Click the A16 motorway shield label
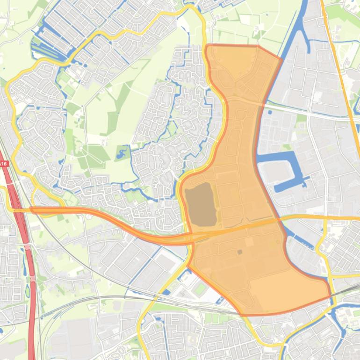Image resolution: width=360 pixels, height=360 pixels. (x=4, y=164)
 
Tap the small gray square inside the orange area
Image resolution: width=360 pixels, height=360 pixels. (x=240, y=252)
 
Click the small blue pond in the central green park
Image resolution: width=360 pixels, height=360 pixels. (x=122, y=151)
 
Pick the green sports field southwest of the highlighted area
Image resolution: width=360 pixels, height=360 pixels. (x=200, y=288)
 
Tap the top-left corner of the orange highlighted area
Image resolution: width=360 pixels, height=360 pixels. (x=207, y=46)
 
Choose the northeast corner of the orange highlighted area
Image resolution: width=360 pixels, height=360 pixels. (x=281, y=58)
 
